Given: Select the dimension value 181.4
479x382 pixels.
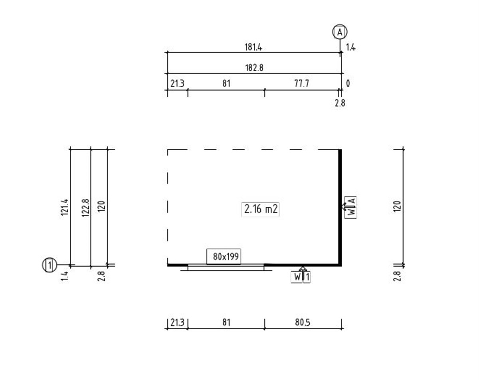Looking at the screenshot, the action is coord(253,47).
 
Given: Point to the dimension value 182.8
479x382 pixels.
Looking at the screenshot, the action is coord(254,68).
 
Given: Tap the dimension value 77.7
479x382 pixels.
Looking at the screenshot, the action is coord(302,83).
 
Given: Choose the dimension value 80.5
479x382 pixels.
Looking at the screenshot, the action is coord(303,323).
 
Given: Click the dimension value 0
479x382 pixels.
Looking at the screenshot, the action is coord(348,83).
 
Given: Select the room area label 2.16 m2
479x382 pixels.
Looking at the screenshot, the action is coord(260,209).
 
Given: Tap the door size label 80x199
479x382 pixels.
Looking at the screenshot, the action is coord(224,256).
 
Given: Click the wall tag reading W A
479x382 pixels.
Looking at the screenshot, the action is coord(350,208).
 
